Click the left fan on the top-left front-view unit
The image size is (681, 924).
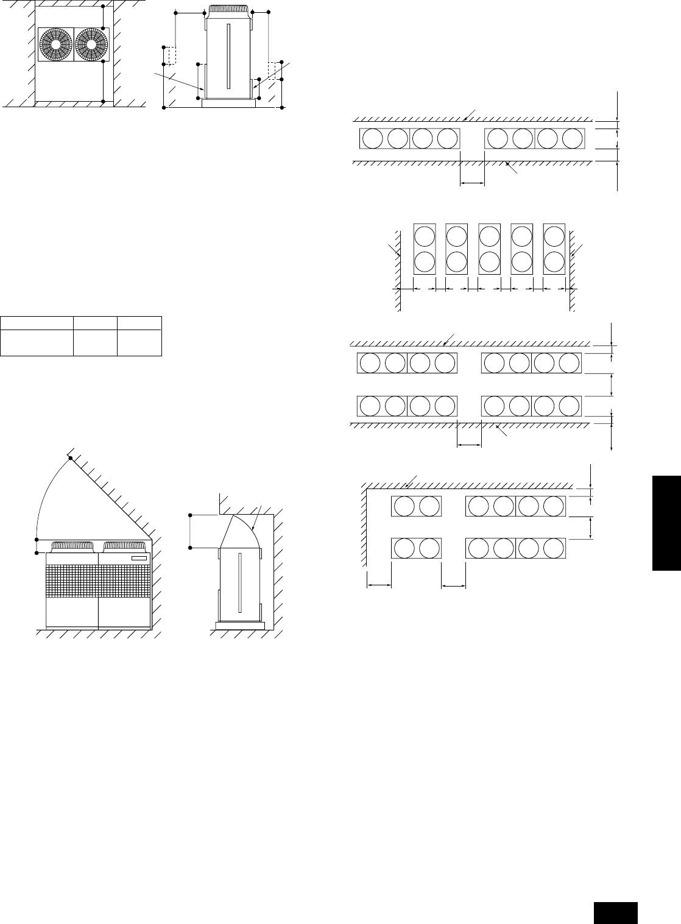[55, 44]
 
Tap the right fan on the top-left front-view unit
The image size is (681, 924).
[91, 44]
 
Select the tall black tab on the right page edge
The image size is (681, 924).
[666, 524]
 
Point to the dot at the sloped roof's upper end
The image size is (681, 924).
[70, 458]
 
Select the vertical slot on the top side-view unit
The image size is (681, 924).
[229, 55]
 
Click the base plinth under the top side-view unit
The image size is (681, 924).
[229, 104]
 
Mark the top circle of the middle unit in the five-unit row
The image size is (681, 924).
[489, 235]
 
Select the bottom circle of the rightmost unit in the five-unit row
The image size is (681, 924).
[554, 262]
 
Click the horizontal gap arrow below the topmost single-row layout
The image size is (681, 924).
[472, 182]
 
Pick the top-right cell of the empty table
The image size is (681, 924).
[139, 323]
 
